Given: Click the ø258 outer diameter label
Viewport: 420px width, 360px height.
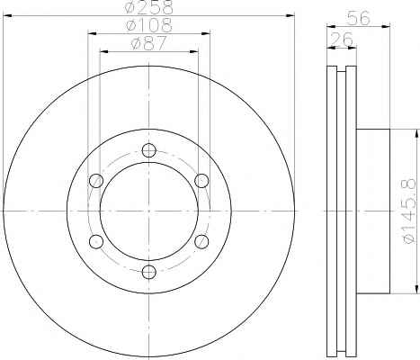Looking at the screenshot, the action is [x=149, y=7].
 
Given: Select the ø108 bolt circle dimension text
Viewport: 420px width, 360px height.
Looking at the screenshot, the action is [x=149, y=25].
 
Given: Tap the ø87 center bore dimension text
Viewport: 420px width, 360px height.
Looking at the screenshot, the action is [x=148, y=43].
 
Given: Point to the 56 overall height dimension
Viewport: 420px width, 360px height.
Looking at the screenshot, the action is [x=359, y=18].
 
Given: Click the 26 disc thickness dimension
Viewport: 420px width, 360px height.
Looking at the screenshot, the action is [x=342, y=39].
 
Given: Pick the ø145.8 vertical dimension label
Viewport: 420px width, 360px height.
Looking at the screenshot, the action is [x=409, y=211].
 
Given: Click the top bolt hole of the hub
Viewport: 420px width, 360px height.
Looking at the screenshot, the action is [x=149, y=150].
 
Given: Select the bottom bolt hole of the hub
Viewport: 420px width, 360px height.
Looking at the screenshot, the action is [x=149, y=272].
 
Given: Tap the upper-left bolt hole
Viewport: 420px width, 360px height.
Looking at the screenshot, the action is [x=96, y=181].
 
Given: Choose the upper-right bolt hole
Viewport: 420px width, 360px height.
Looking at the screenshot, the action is [x=201, y=181].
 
